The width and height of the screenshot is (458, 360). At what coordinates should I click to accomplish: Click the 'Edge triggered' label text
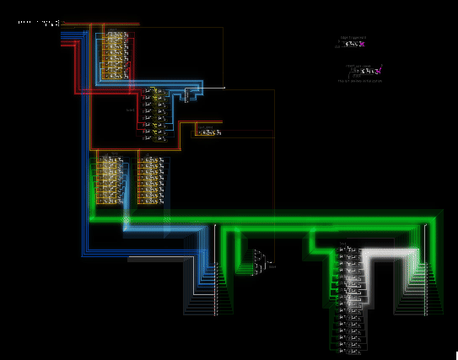pos(354,37)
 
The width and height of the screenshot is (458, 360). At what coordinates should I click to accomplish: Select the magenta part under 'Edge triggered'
pos(361,44)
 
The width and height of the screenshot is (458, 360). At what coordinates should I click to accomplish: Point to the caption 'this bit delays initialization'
pos(360,81)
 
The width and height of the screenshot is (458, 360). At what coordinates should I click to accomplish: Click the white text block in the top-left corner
pos(38,23)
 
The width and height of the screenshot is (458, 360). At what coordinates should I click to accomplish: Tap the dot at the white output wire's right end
pos(224,87)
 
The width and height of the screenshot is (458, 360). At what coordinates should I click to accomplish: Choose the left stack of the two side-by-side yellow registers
pos(109,179)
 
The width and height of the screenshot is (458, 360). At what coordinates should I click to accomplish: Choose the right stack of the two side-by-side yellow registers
pos(151,179)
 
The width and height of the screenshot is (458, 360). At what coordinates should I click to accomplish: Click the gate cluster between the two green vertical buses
pos(262,261)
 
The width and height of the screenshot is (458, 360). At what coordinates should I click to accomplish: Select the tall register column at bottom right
pos(351,295)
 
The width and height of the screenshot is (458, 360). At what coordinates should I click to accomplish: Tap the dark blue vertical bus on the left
pos(85,169)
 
